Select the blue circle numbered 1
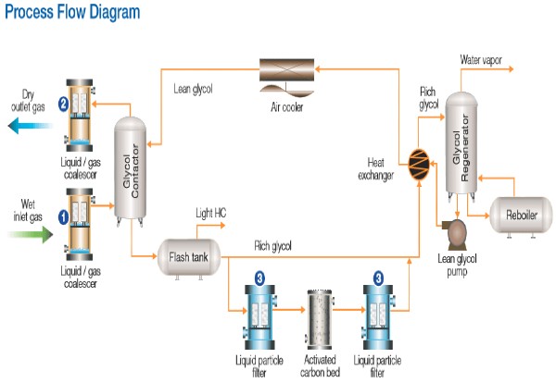point(64,217)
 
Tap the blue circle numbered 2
point(64,104)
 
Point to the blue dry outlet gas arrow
point(34,127)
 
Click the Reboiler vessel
point(517,215)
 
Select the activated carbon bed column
point(319,314)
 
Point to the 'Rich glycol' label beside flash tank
point(273,246)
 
